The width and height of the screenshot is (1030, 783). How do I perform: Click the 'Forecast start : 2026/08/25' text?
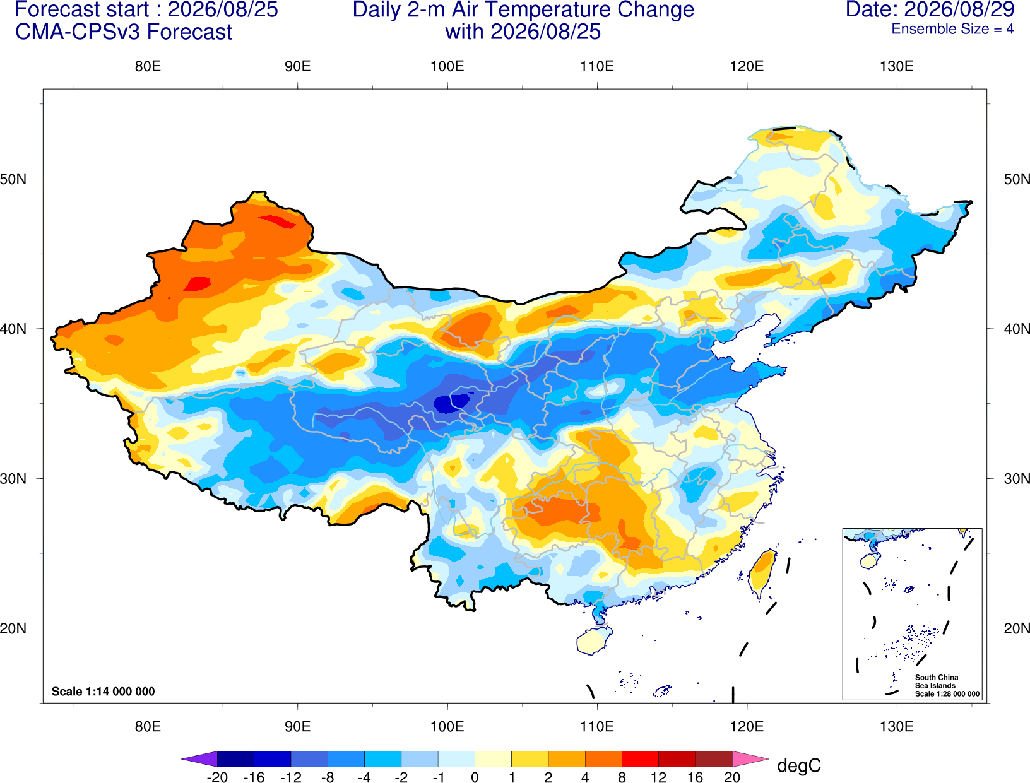(146, 9)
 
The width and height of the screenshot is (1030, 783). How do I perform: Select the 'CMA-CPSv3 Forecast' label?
(124, 32)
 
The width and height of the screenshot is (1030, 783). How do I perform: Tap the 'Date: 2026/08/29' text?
(930, 9)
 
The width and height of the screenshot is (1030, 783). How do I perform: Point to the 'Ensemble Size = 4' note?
(952, 29)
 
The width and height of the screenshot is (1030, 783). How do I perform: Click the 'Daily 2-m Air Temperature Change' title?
(523, 9)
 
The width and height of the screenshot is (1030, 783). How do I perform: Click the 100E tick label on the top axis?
(447, 66)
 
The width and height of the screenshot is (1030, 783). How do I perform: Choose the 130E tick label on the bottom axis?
(896, 727)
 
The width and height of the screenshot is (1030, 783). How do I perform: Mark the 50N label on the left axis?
(13, 179)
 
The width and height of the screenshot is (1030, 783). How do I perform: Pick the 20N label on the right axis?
(1016, 628)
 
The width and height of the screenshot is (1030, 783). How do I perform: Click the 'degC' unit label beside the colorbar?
(799, 766)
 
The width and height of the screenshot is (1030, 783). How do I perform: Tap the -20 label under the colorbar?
(217, 777)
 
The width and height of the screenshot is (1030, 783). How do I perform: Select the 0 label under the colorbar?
(475, 777)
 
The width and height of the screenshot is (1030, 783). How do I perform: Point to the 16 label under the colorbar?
(696, 777)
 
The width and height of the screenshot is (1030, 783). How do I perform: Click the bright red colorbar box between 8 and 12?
(640, 758)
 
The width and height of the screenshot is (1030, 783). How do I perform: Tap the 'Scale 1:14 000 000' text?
(104, 691)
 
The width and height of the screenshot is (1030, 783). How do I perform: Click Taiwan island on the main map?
(762, 574)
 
